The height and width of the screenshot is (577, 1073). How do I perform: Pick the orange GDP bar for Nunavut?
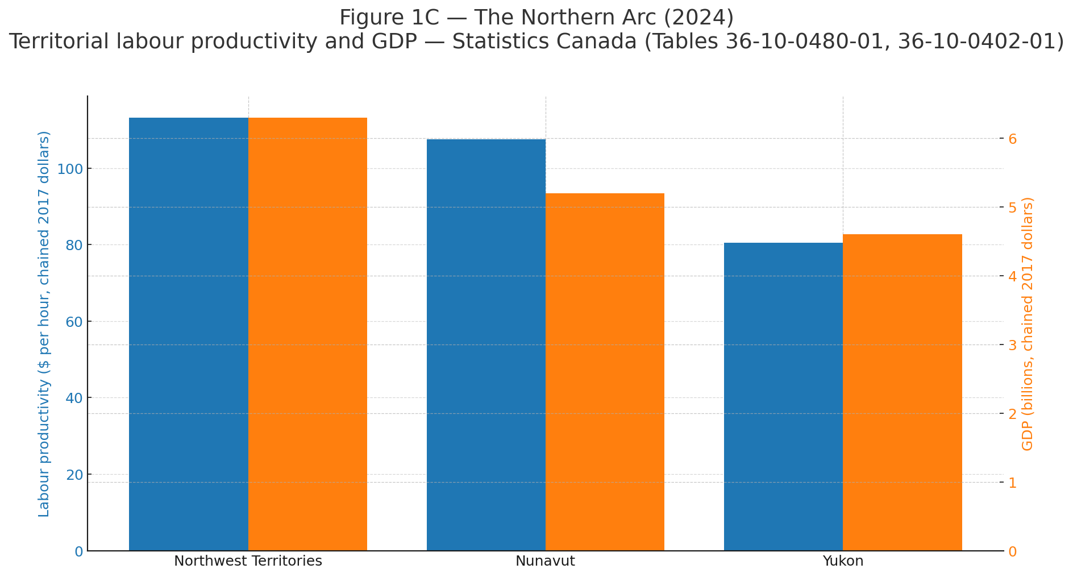click(605, 372)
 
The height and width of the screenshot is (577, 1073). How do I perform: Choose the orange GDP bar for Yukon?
click(902, 392)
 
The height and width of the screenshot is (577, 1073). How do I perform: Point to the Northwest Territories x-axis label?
click(248, 562)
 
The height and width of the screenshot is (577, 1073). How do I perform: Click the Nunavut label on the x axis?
click(545, 562)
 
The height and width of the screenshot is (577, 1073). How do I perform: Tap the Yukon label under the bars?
click(842, 562)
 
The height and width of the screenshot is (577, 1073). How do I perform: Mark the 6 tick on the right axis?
click(1013, 139)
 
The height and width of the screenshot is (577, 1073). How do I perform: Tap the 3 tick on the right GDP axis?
click(1013, 345)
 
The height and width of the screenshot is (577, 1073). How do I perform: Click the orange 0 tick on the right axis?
click(1013, 551)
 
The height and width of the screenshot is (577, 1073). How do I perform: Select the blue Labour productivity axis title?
click(44, 324)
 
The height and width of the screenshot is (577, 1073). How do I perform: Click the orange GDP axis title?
click(1028, 324)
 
